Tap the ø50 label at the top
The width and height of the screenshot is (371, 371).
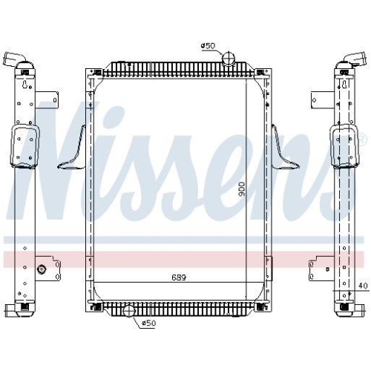(207, 47)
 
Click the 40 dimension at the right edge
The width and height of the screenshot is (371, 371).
(363, 285)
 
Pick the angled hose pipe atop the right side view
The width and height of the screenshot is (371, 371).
(353, 59)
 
